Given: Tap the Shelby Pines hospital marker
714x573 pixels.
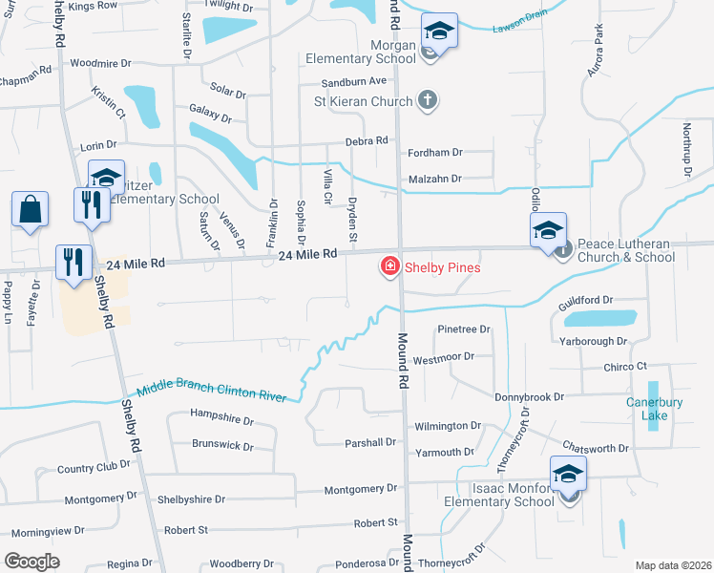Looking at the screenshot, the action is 389,267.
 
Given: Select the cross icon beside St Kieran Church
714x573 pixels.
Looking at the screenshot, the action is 428,100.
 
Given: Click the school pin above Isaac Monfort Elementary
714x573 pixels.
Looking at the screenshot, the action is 568,475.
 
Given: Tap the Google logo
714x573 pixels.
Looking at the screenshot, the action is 31,561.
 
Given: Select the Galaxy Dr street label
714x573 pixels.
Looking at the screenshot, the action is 210,115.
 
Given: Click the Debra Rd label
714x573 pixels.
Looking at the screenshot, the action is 367,140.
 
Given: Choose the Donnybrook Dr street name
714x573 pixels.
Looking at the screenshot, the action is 530,396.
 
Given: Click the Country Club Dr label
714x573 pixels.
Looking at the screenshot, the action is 93,467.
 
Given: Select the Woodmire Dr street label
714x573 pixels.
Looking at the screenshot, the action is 100,63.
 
